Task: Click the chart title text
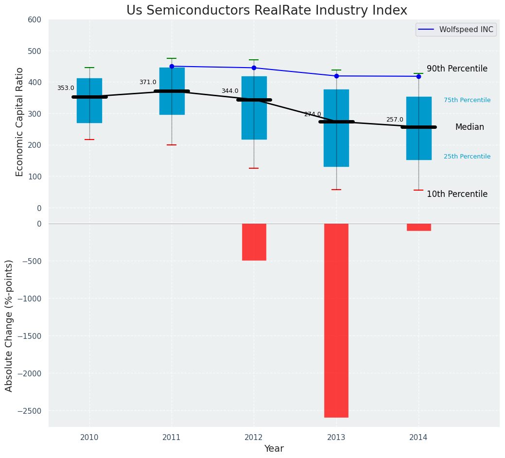[x=266, y=10]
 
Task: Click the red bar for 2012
[x=254, y=242]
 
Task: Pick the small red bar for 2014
[x=418, y=227]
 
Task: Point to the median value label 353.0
[x=66, y=88]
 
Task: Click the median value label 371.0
[x=148, y=82]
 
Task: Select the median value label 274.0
[x=313, y=114]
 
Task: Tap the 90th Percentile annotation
[x=457, y=69]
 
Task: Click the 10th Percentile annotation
[x=457, y=194]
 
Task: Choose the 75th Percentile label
[x=467, y=100]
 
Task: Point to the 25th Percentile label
[x=467, y=157]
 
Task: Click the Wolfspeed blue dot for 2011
[x=172, y=66]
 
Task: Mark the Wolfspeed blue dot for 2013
[x=336, y=76]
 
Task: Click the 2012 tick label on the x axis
[x=254, y=438]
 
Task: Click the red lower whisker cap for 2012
[x=254, y=168]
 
